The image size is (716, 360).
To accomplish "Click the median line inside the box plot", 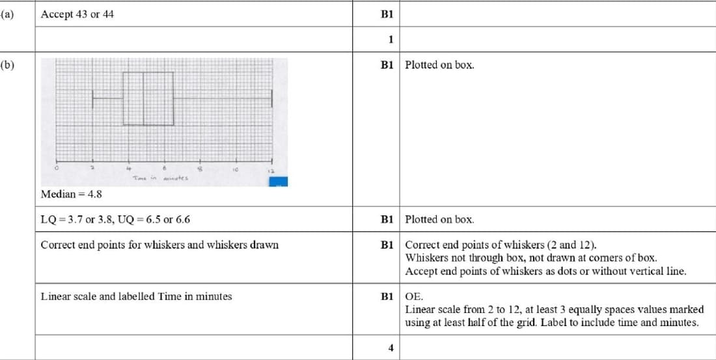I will tap(143, 98).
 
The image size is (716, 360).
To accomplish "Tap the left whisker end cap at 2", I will tap(93, 98).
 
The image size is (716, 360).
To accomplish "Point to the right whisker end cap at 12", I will tap(271, 98).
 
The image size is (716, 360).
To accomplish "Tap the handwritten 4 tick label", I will tap(128, 168).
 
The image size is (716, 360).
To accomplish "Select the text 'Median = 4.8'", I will tap(71, 194).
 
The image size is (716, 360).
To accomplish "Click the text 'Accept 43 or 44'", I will tap(77, 14).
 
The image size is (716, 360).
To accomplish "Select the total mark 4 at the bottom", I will tap(391, 348).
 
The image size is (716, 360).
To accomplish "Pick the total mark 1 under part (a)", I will tap(391, 39).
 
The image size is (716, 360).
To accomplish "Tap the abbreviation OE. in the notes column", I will tap(413, 296).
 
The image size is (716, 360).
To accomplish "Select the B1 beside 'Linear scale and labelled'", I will tap(388, 296).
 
